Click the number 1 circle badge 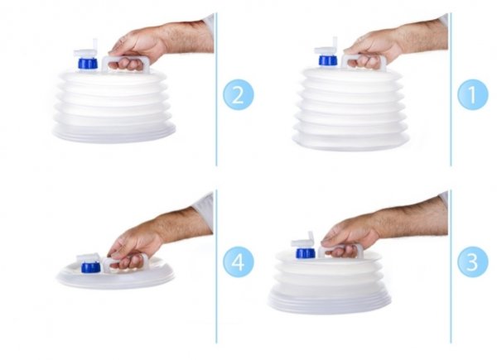[473, 94]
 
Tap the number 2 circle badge [238, 94]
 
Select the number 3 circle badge [473, 262]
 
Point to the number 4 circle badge [238, 262]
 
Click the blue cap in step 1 [328, 60]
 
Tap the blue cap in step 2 [88, 63]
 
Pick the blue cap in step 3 [305, 253]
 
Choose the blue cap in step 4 [90, 267]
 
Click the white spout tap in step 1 [326, 47]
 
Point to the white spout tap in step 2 [86, 50]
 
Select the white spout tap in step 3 [303, 240]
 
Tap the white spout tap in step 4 [89, 257]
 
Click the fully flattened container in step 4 [116, 275]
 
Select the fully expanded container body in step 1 [350, 108]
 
